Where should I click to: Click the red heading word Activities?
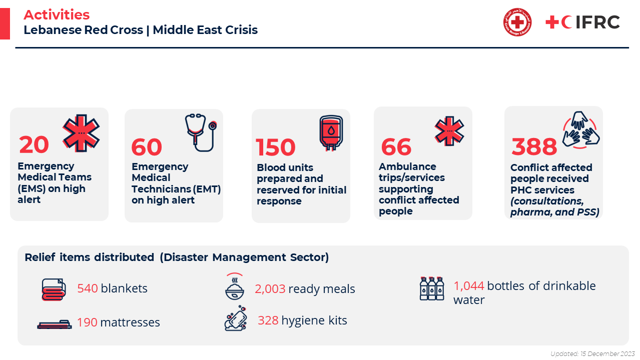57,14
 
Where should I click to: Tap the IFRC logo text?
582,22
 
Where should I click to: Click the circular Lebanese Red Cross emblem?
517,22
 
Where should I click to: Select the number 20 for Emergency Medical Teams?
34,144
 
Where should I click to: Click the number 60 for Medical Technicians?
147,147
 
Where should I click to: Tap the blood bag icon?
331,133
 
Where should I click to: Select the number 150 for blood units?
276,147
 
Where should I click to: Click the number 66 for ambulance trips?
396,147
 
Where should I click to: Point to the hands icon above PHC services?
580,129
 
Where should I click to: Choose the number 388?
534,147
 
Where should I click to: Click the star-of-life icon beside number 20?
81,133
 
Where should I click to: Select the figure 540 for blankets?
88,288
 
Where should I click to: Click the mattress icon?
55,323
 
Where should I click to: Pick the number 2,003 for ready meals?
270,289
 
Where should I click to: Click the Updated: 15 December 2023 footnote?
592,353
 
